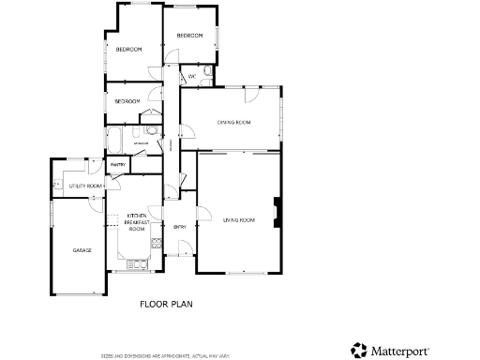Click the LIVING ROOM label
(239, 219)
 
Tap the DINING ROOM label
(234, 122)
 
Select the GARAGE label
(82, 250)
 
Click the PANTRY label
(118, 165)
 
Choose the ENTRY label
(180, 227)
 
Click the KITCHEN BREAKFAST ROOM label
(137, 222)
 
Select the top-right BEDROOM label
(190, 36)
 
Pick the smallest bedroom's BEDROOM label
(127, 101)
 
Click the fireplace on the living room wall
(274, 211)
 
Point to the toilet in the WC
(207, 71)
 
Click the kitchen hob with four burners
(156, 245)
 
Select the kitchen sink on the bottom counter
(138, 265)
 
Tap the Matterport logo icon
(359, 350)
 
